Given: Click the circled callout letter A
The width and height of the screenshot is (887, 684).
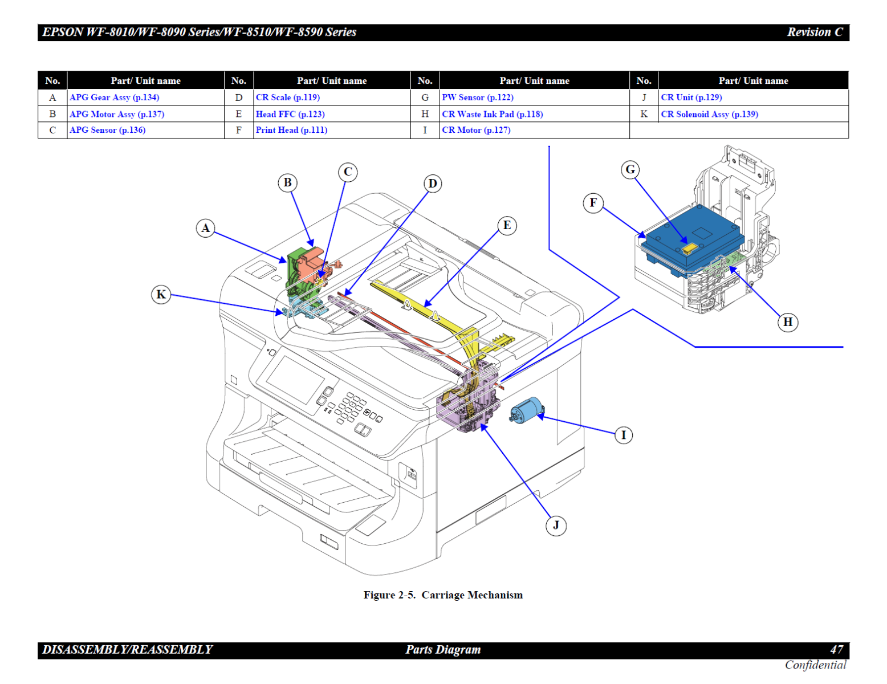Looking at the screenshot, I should pyautogui.click(x=206, y=229).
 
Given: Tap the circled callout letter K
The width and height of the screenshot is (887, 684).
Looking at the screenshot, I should pyautogui.click(x=161, y=294).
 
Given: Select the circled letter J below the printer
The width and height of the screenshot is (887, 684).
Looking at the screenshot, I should pyautogui.click(x=556, y=525).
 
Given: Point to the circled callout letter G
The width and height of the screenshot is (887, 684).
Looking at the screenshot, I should pyautogui.click(x=630, y=169).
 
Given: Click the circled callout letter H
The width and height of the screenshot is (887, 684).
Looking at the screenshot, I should pyautogui.click(x=788, y=322).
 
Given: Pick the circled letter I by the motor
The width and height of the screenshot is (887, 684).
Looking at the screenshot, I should pyautogui.click(x=624, y=435).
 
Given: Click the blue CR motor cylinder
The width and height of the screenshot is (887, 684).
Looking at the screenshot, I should pyautogui.click(x=526, y=410).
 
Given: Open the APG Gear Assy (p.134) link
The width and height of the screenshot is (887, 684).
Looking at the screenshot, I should pyautogui.click(x=115, y=97).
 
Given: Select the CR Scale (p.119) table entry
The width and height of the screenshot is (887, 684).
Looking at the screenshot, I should pyautogui.click(x=288, y=97).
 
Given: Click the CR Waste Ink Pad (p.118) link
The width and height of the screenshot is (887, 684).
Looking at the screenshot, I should pyautogui.click(x=493, y=114).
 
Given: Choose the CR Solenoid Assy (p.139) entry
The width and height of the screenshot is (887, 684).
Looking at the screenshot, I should pyautogui.click(x=709, y=114).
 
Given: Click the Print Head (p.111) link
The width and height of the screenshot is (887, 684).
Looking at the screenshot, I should pyautogui.click(x=291, y=130).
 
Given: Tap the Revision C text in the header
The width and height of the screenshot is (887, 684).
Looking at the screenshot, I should pyautogui.click(x=815, y=32).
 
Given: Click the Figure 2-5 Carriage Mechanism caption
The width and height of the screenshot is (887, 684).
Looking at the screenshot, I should pyautogui.click(x=443, y=595).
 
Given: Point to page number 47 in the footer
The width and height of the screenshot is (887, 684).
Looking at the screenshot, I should pyautogui.click(x=836, y=650).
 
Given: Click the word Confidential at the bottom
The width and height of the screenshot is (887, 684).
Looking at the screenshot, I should pyautogui.click(x=815, y=665).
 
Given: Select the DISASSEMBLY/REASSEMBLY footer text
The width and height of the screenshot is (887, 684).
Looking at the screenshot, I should pyautogui.click(x=127, y=650).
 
